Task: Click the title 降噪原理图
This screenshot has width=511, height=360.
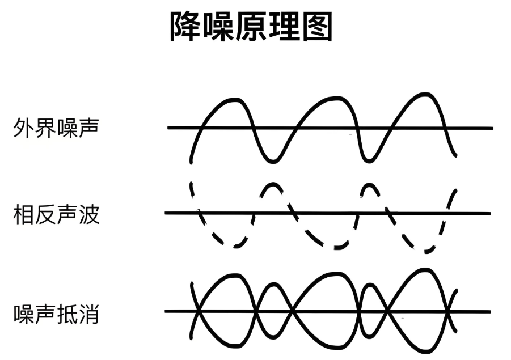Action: point(251,27)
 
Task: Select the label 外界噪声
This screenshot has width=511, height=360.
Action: point(56,128)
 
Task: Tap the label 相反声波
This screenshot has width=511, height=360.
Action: point(56,214)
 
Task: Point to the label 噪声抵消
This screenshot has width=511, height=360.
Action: point(56,314)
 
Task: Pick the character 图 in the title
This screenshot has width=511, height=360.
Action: point(318,27)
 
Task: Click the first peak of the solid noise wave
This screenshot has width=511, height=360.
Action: point(234,100)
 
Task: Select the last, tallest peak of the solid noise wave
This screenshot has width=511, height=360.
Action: point(425,95)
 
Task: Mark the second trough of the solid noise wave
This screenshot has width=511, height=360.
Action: point(368,160)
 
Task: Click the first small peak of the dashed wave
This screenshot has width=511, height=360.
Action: point(272,184)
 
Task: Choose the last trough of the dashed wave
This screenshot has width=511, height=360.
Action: point(428,251)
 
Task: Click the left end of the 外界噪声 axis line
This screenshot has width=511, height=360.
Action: point(168,128)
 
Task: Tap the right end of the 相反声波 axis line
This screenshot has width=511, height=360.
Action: point(490,213)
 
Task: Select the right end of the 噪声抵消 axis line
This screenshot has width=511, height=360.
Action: point(490,312)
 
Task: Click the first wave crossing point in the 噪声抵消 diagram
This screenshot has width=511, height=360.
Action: point(198,311)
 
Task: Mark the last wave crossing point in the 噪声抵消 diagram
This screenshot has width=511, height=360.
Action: point(449,312)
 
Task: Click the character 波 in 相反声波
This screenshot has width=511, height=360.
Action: point(89,214)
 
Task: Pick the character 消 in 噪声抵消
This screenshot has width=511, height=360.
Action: point(89,314)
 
